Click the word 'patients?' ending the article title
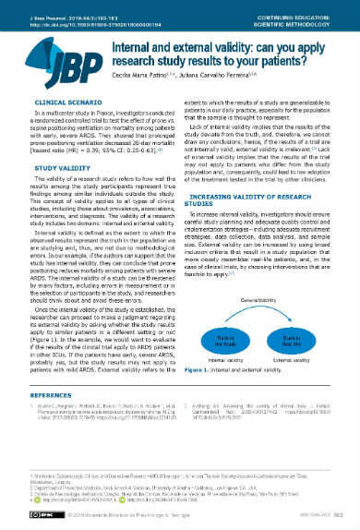coord(295,60)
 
